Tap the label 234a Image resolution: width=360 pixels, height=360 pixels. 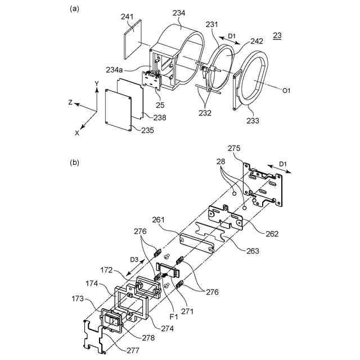[x=114, y=70]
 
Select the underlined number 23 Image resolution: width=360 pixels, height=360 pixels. [x=277, y=35]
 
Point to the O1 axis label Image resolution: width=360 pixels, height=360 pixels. [x=286, y=91]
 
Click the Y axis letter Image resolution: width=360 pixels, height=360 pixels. [x=97, y=83]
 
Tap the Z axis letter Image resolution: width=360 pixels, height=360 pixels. [x=71, y=102]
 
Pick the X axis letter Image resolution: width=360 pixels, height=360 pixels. [x=77, y=133]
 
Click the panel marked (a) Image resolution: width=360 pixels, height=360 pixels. [x=74, y=9]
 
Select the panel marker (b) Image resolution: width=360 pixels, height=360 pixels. [x=74, y=163]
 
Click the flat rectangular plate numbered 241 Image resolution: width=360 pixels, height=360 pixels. [x=133, y=39]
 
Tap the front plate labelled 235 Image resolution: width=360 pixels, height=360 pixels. [x=118, y=110]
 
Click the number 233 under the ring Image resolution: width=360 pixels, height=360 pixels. [x=253, y=120]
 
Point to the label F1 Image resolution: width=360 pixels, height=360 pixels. [x=174, y=317]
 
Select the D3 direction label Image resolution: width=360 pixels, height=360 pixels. [x=134, y=260]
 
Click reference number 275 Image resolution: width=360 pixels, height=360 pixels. [x=234, y=148]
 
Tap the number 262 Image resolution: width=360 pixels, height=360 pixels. [x=272, y=234]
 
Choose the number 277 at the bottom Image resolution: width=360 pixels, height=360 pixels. [x=133, y=350]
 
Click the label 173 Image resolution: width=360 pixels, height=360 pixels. [x=78, y=299]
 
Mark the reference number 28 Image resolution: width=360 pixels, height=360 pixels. [x=220, y=161]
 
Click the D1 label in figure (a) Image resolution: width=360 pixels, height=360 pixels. [x=232, y=36]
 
